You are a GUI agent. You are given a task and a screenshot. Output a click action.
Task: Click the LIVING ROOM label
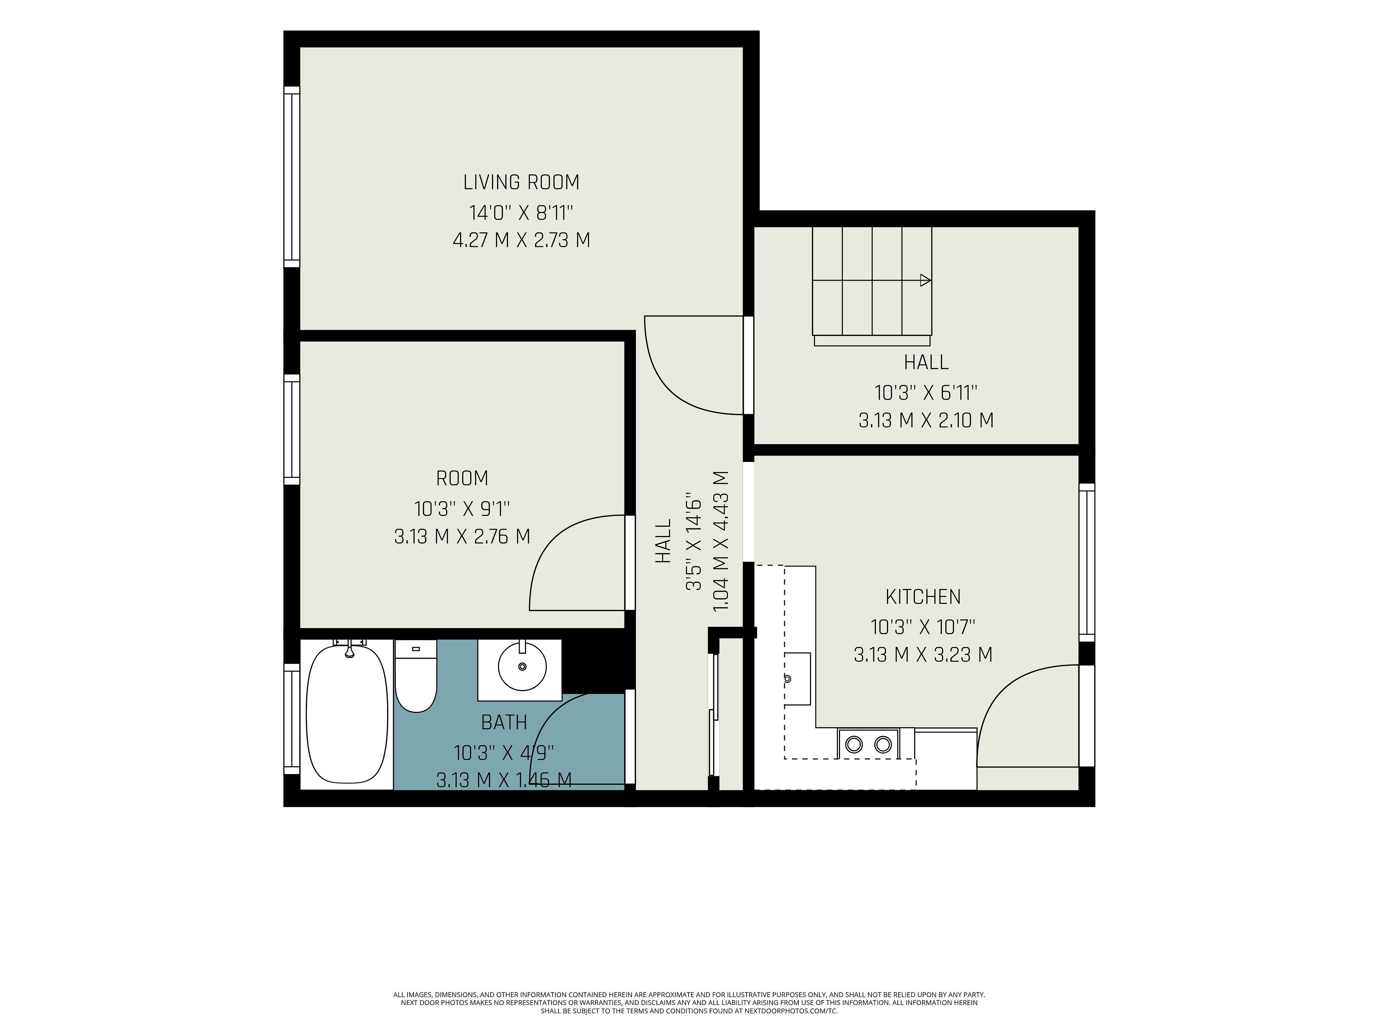(x=521, y=183)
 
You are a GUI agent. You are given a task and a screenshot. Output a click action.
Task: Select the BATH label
(x=504, y=722)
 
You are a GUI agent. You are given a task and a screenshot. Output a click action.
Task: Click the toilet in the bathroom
(x=416, y=676)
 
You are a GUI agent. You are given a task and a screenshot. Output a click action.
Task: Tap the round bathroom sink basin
(x=522, y=667)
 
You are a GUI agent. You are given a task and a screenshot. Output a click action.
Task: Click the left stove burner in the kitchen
(x=854, y=744)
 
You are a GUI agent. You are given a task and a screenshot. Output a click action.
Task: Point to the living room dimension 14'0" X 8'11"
(x=521, y=213)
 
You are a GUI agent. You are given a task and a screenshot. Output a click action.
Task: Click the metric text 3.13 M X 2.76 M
(x=462, y=536)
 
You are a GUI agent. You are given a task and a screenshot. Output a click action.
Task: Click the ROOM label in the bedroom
(x=462, y=478)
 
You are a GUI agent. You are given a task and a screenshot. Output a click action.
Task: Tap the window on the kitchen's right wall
(x=1087, y=562)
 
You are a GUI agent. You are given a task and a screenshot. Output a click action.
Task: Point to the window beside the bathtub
(x=291, y=719)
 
